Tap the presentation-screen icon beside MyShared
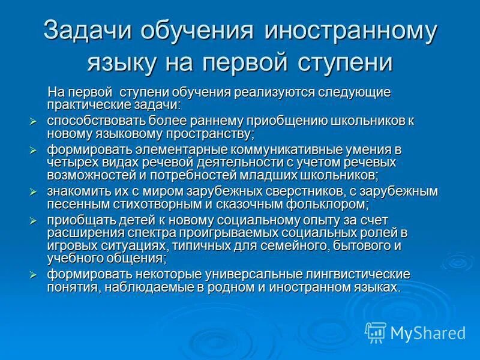pos(376,332)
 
